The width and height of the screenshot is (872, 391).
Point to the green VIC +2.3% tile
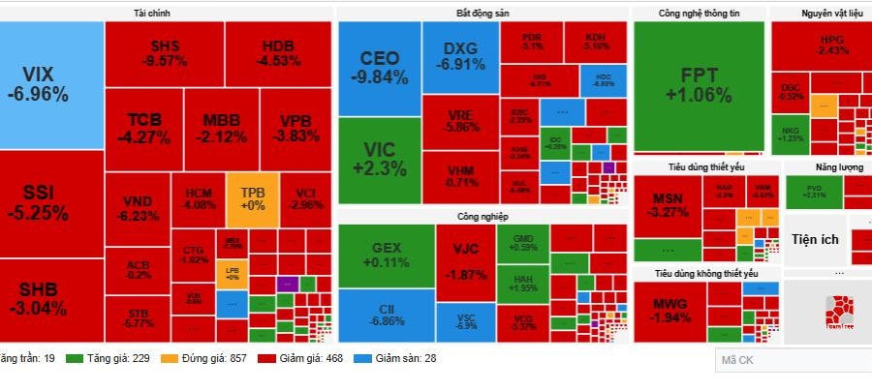(x=379, y=159)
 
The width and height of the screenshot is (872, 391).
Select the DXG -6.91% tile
(x=460, y=57)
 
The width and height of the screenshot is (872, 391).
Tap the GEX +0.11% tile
(x=385, y=256)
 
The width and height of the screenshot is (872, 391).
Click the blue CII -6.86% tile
(x=385, y=315)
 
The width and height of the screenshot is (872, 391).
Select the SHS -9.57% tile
(x=164, y=53)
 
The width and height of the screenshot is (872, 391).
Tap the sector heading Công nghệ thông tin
(x=698, y=14)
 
